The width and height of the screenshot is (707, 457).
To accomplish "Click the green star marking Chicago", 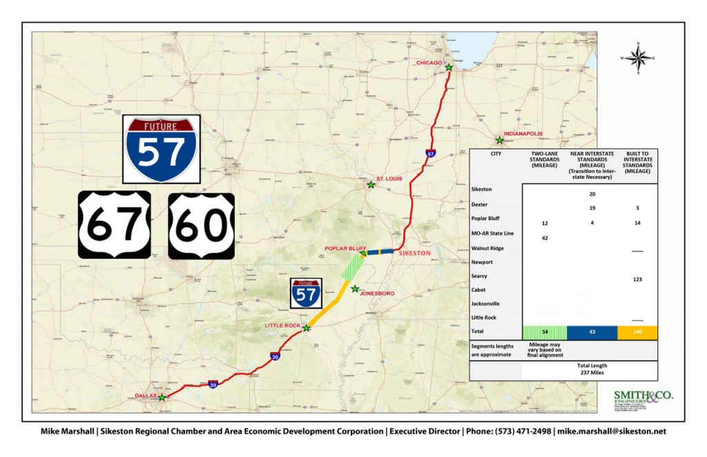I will (449, 68).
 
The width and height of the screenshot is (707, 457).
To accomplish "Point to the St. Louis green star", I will (371, 185).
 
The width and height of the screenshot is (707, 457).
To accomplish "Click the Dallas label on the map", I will (146, 395).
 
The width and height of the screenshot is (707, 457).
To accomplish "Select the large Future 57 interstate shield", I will (162, 149).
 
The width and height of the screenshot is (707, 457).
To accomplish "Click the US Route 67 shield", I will (114, 225).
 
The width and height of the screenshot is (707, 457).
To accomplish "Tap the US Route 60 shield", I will (202, 225).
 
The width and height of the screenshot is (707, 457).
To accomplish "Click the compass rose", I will (639, 58).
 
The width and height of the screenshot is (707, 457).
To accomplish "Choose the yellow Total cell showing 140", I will (637, 333).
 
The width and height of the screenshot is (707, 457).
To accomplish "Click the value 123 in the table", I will (637, 279).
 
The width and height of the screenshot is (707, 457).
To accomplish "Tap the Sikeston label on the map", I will (415, 253).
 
